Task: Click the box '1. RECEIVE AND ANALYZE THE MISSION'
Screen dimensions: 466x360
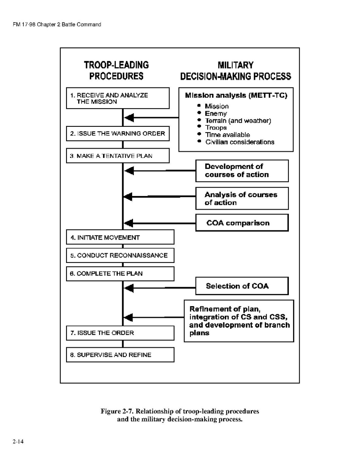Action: pyautogui.click(x=117, y=98)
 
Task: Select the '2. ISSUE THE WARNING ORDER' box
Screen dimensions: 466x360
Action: pyautogui.click(x=117, y=134)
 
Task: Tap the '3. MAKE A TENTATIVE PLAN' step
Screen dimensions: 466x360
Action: pyautogui.click(x=117, y=156)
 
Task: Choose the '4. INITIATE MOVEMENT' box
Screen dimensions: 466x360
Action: pyautogui.click(x=120, y=237)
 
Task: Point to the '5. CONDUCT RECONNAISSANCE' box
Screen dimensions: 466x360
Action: pyautogui.click(x=120, y=255)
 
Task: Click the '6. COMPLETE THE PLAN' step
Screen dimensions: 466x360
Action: pyautogui.click(x=120, y=273)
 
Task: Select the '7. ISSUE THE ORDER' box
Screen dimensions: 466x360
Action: pyautogui.click(x=120, y=333)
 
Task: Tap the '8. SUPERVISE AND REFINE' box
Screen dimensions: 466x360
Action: pyautogui.click(x=120, y=355)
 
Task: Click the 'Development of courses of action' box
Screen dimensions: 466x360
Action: pyautogui.click(x=242, y=171)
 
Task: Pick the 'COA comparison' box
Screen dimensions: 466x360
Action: pyautogui.click(x=242, y=223)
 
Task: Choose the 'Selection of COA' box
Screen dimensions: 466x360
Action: pyautogui.click(x=242, y=286)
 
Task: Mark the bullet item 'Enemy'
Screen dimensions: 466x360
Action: pyautogui.click(x=216, y=114)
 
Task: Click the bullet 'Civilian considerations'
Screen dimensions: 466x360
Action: pyautogui.click(x=239, y=142)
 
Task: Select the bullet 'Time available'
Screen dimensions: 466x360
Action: pyautogui.click(x=227, y=135)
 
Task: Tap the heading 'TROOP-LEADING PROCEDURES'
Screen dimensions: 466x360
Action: pyautogui.click(x=117, y=70)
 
